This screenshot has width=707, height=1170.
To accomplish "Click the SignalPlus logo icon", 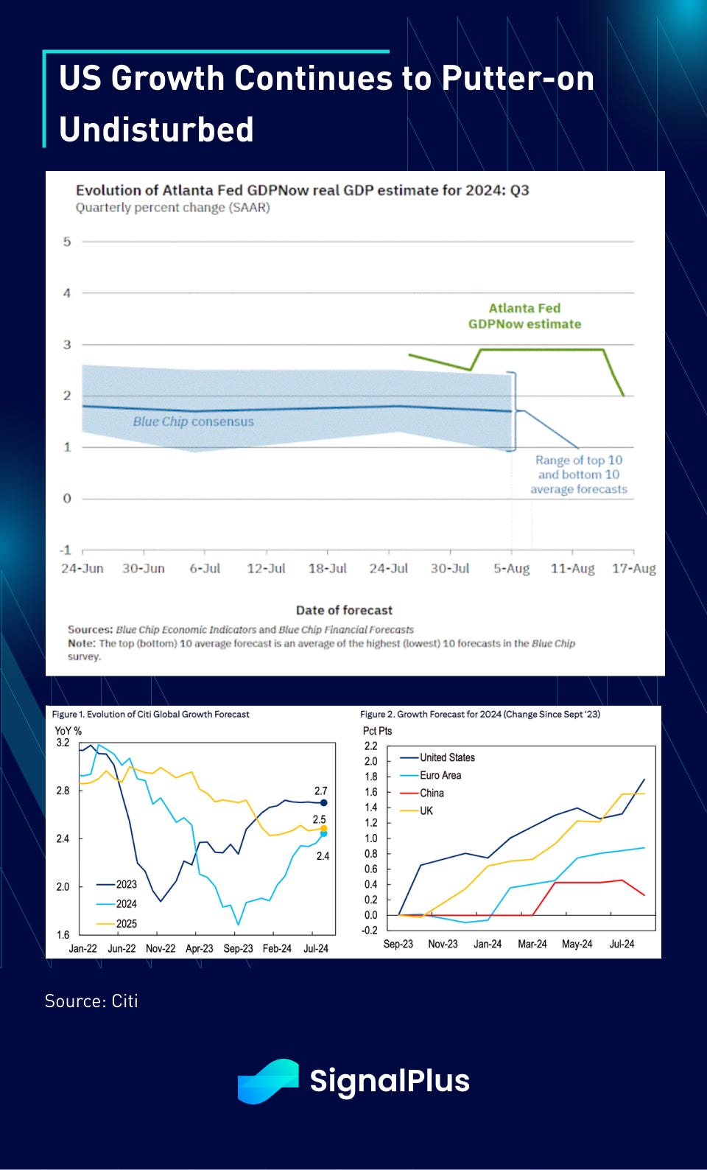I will click(267, 1081).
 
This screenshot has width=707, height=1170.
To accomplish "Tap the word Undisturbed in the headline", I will click(156, 129).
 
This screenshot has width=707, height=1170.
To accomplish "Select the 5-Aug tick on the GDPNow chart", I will click(511, 569).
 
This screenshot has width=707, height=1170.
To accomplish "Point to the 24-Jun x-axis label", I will click(82, 569).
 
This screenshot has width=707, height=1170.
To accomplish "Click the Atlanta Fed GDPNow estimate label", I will click(524, 316).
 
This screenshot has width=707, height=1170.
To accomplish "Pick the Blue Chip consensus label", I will click(193, 421).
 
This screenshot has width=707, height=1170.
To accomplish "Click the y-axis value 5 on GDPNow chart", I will click(67, 242).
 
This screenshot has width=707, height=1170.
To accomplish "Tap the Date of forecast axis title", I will click(344, 610).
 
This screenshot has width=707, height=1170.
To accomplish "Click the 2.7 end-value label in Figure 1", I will click(320, 791).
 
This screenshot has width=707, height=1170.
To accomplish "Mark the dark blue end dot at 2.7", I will click(324, 803).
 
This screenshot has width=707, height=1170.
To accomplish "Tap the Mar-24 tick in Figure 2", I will click(532, 944).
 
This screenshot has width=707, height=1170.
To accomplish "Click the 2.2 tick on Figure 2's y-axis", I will click(370, 746).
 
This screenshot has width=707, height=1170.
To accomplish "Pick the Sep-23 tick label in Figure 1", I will click(238, 948).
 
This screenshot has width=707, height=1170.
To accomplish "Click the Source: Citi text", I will click(91, 1001).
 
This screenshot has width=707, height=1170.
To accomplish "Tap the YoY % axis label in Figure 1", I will click(68, 731).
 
